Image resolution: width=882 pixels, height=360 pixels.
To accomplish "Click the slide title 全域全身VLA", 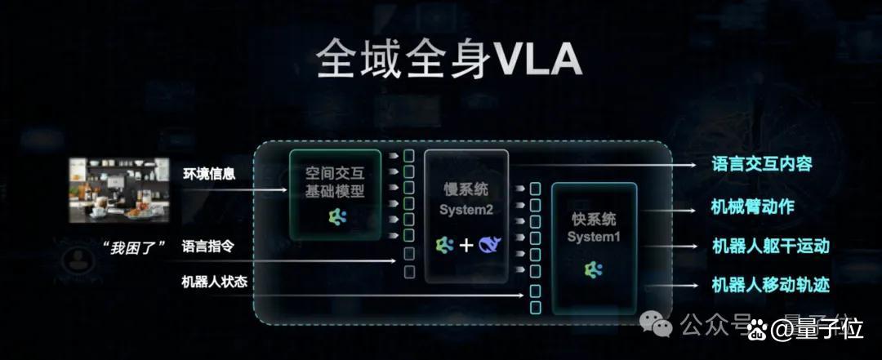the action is (x=449, y=58).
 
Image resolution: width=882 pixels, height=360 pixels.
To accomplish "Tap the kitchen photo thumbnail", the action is (x=119, y=190).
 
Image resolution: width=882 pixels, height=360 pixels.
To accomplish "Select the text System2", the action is (x=466, y=210).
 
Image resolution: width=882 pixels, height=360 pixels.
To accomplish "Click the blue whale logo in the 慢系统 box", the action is (x=489, y=245).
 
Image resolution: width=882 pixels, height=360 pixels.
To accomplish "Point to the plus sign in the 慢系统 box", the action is (x=466, y=245).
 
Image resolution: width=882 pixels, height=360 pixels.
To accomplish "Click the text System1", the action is (x=594, y=237).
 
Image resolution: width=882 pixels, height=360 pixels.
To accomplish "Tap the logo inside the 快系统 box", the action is (x=593, y=270).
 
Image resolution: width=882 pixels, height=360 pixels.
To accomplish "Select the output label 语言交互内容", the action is (x=754, y=165).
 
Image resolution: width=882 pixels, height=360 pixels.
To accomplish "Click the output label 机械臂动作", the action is (x=753, y=207).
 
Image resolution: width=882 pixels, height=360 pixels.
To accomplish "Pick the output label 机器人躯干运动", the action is (x=771, y=246).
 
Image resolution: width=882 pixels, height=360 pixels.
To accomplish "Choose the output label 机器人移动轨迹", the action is (x=771, y=284).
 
